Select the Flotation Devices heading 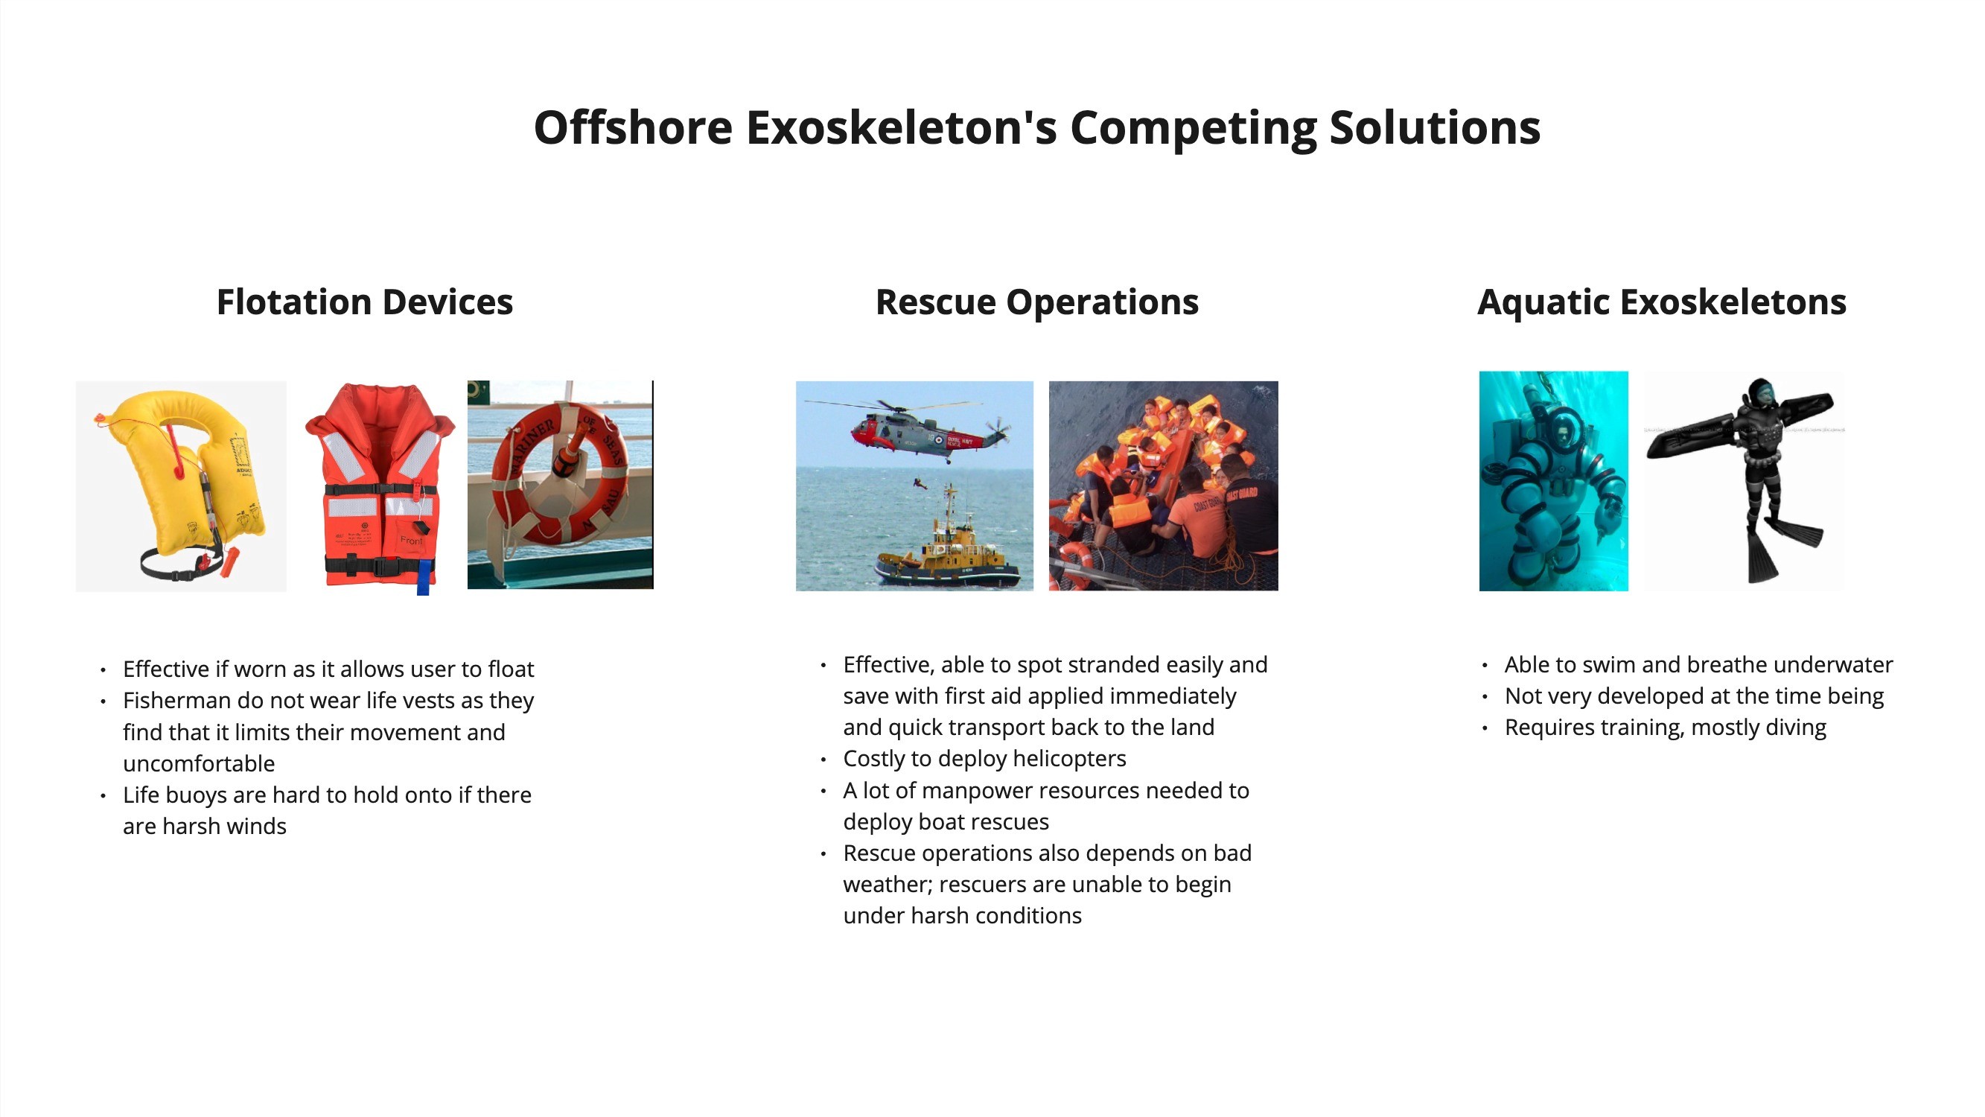coord(365,302)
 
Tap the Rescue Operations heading coord(1037,302)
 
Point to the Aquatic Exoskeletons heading coord(1662,302)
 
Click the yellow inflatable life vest coord(181,486)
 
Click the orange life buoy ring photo coord(560,485)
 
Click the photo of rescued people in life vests coord(1164,486)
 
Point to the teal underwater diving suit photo coord(1553,481)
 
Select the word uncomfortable coord(199,763)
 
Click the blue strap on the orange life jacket coord(422,577)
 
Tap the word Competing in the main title coord(1194,129)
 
